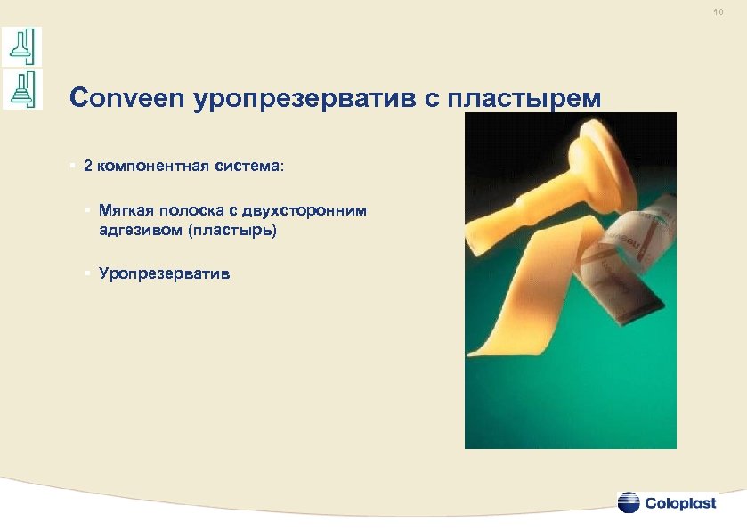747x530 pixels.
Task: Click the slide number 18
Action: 718,13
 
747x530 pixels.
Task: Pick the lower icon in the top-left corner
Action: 21,89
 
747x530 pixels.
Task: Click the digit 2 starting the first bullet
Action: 87,166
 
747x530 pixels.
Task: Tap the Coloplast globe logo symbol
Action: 629,502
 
